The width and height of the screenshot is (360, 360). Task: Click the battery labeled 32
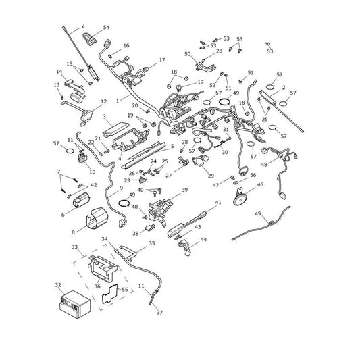coord(75,304)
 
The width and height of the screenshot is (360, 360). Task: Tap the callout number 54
coord(106,27)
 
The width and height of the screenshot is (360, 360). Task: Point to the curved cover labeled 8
coord(97,218)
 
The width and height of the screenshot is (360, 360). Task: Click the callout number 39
coord(184,190)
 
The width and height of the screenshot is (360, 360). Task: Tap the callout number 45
coord(258,213)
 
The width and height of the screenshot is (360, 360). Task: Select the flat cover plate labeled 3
coord(115,129)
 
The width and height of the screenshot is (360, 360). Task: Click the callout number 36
coord(97,286)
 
